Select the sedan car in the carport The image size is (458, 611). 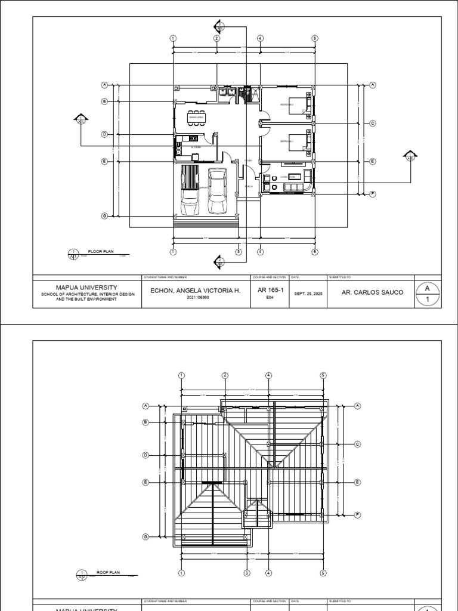[x=217, y=191]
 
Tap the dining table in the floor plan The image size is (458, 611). [x=197, y=117]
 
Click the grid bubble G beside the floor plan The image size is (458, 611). [x=104, y=216]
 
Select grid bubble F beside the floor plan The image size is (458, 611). [x=373, y=194]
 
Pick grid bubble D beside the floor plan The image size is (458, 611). [x=104, y=134]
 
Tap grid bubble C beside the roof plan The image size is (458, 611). [x=358, y=444]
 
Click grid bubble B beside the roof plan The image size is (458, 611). [x=145, y=422]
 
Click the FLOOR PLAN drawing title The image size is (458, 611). [x=100, y=252]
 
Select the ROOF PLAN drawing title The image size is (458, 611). [x=108, y=572]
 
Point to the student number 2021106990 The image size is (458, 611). [x=196, y=297]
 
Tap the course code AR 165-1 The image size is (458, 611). [x=270, y=291]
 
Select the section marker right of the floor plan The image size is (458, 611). [x=410, y=156]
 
